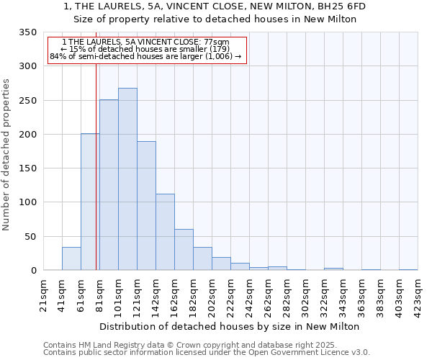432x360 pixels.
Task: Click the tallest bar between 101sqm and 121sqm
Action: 127,179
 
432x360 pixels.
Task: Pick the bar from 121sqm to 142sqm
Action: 146,206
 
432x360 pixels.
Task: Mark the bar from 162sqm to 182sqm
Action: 184,250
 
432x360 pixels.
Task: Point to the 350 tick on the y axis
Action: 27,32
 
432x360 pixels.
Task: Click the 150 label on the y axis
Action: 27,168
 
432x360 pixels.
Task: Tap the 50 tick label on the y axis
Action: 30,237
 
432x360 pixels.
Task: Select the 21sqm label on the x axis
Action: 43,293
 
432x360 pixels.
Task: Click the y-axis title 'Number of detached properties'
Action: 6,155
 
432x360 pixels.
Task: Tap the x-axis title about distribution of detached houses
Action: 229,326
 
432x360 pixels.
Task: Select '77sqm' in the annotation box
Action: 217,42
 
